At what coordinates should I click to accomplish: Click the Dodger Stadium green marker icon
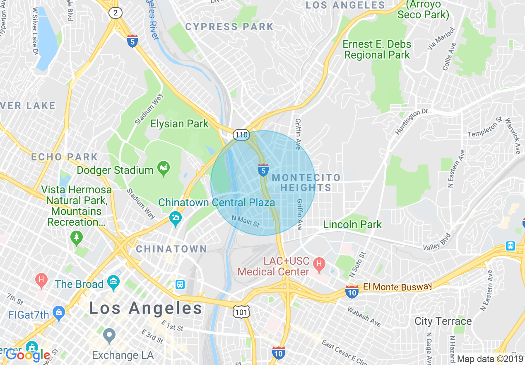(164, 169)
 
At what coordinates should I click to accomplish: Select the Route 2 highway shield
(116, 13)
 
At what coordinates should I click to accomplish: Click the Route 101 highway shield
(241, 311)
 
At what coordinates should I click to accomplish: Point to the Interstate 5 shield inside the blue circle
(263, 170)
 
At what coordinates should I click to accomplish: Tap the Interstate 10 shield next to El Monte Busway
(352, 292)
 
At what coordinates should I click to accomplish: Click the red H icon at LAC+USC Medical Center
(319, 263)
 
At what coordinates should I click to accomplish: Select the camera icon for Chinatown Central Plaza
(176, 218)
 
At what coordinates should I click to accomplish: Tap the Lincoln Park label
(352, 225)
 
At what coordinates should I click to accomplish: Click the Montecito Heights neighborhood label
(306, 182)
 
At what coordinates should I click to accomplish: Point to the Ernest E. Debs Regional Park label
(377, 49)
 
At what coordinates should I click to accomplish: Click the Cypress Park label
(229, 27)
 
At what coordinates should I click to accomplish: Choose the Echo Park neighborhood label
(65, 157)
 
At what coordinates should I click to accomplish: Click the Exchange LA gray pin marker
(109, 336)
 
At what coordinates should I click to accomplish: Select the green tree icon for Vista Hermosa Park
(76, 238)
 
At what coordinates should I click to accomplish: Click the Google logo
(28, 355)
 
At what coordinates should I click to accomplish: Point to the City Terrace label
(443, 321)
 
